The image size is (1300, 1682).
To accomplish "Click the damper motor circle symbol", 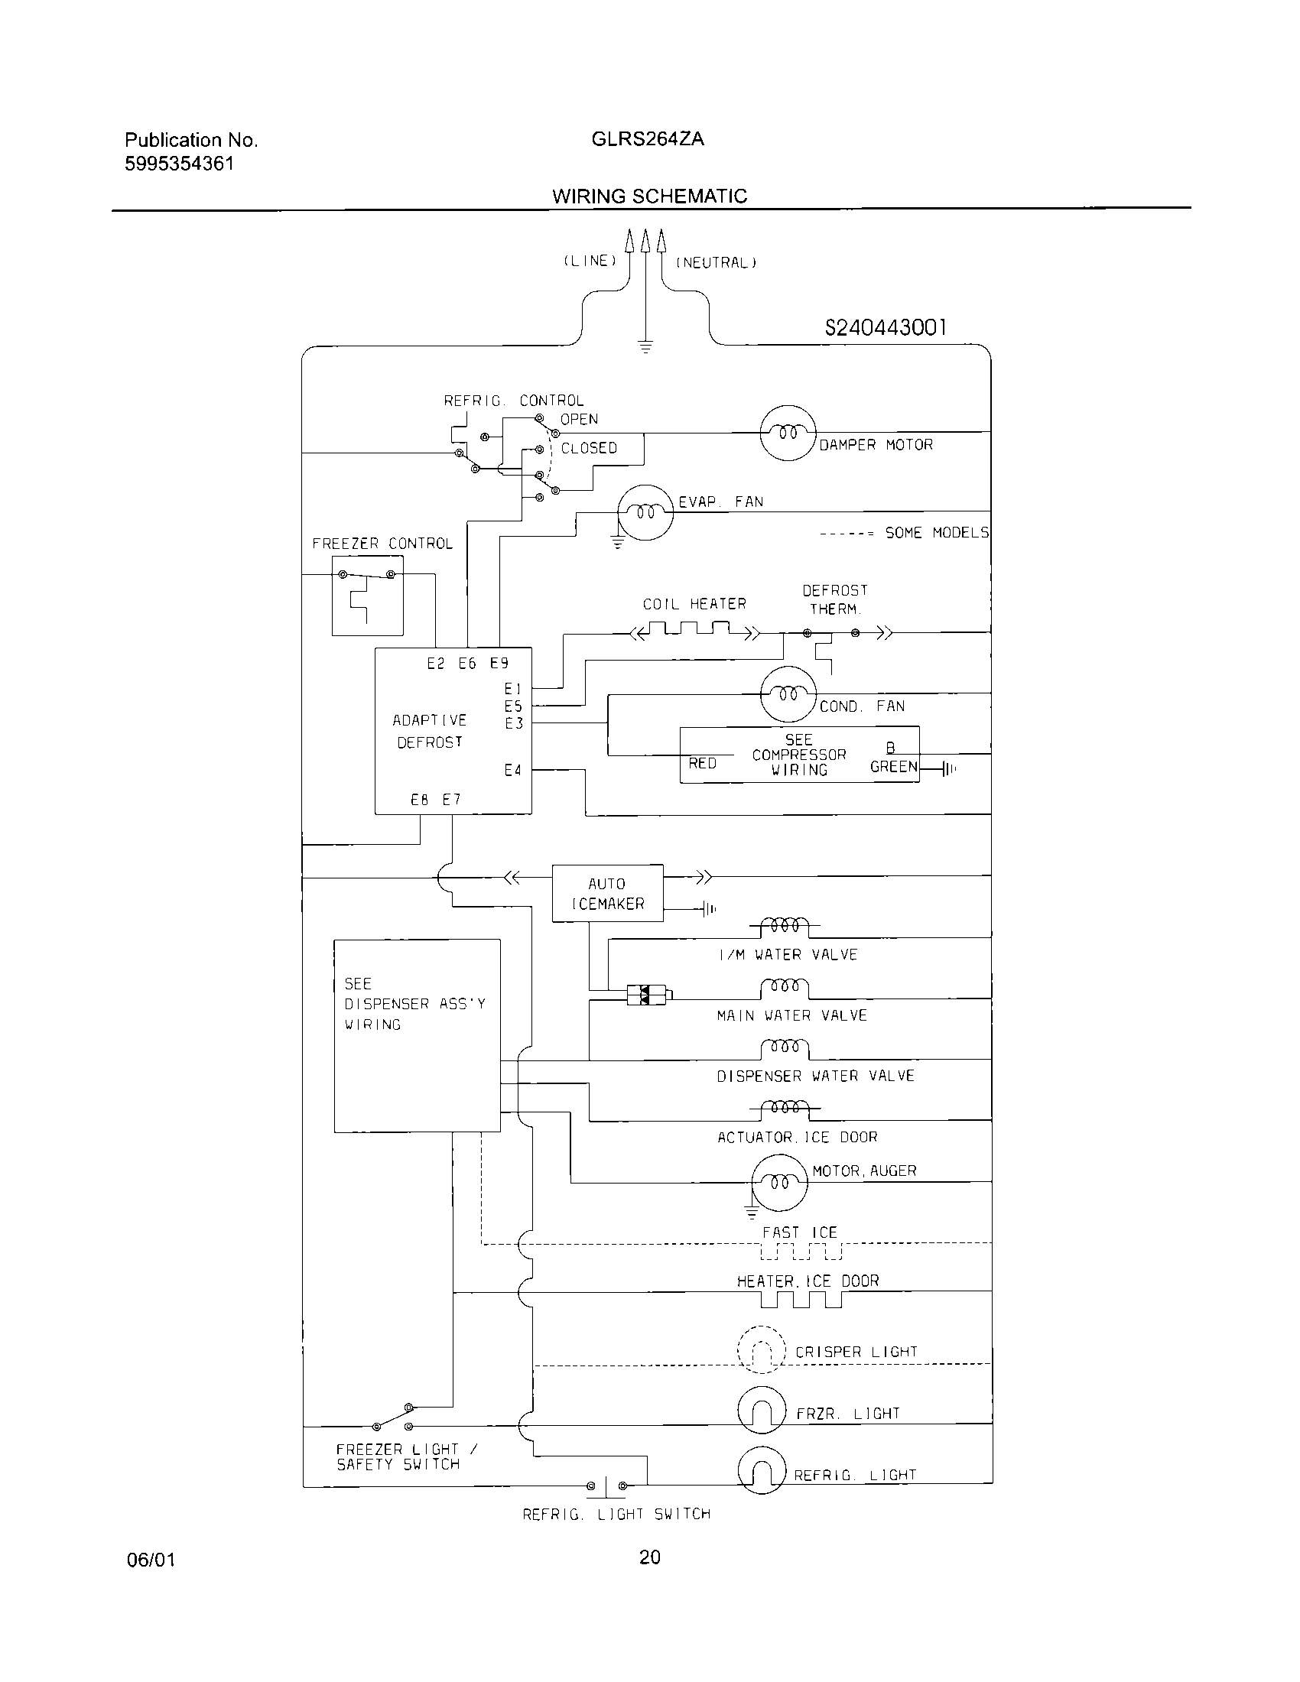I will (787, 433).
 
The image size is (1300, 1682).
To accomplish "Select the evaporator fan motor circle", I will (645, 512).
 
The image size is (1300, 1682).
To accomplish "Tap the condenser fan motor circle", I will (787, 694).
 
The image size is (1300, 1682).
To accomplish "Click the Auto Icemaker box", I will (607, 893).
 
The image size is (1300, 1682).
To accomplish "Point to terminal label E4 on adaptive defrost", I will (513, 770).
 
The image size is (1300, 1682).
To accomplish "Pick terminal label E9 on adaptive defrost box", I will (499, 663).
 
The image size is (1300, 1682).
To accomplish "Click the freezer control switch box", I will (367, 596).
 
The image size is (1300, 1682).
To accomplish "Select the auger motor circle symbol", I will (779, 1182).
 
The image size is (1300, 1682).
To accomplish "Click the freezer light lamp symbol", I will (761, 1409).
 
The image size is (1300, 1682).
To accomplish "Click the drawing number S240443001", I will (885, 328).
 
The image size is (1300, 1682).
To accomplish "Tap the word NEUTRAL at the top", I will (717, 262).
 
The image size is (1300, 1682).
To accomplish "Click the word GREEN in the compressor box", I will (893, 766).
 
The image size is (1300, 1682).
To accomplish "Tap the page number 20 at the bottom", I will (649, 1558).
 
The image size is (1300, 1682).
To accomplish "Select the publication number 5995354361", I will (180, 164).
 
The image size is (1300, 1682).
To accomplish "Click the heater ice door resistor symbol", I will (801, 1300).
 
